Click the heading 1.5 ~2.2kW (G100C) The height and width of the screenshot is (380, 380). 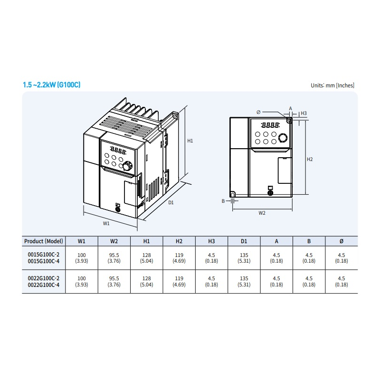pos(51,85)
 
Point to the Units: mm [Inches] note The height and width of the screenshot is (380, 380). pos(332,85)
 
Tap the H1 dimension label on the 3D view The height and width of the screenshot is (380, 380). pos(190,141)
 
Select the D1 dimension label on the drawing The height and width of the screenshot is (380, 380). pos(171,203)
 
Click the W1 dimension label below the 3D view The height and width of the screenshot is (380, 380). pos(106,223)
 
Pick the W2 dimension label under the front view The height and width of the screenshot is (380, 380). pos(262,213)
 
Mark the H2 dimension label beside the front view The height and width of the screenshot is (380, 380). pos(310,159)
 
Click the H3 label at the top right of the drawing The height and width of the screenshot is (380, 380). pos(304,113)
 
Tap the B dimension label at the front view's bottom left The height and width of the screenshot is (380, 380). pos(223,201)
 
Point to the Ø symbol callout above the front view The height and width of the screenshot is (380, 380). pos(258,112)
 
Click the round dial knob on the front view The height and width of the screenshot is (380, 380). pos(283,138)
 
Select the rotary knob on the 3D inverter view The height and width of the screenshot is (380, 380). pos(127,166)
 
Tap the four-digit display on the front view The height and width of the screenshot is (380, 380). pos(270,125)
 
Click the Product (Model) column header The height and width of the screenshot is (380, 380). pos(44,241)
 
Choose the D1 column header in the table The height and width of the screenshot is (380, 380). pos(244,241)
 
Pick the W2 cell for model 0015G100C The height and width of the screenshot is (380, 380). pos(114,258)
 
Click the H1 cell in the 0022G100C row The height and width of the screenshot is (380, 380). pos(147,281)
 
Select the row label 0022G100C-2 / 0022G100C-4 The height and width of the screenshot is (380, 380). pos(44,282)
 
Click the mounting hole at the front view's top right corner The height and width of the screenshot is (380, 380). pos(289,120)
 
